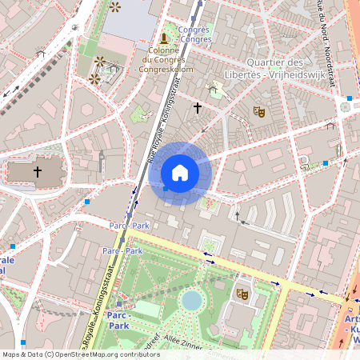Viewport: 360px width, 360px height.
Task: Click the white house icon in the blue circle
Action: (x=180, y=173)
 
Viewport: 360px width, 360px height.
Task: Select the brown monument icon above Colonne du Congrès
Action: (x=164, y=38)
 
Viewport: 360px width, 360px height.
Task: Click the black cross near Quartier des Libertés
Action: (x=198, y=106)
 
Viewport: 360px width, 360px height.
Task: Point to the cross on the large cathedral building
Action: (x=37, y=171)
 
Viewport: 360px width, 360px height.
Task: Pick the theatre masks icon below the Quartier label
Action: (x=258, y=112)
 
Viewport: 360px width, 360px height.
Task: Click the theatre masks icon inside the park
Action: (x=242, y=294)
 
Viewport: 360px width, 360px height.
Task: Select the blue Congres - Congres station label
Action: (x=195, y=34)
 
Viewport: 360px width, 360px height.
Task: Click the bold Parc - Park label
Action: (x=118, y=322)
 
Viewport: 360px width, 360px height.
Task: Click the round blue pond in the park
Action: (x=192, y=300)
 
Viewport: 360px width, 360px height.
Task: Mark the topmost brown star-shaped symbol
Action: (x=116, y=7)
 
